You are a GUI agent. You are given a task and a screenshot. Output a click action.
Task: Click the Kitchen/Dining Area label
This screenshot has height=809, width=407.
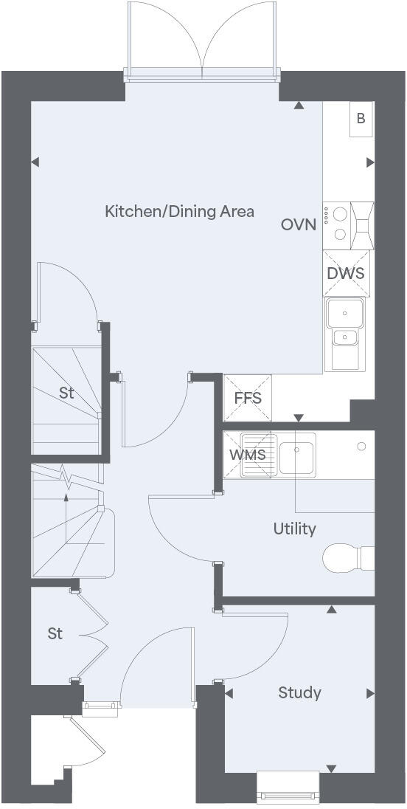[179, 212]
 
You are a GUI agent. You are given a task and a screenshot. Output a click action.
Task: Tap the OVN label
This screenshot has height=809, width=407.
[298, 224]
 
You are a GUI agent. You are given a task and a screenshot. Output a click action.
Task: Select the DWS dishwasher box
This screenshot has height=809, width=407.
[346, 272]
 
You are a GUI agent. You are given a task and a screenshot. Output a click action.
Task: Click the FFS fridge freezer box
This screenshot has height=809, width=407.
[248, 399]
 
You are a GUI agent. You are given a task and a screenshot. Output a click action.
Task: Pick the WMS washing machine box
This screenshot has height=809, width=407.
[247, 455]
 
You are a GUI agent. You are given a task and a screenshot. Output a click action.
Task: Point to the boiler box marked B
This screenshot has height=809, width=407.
[361, 119]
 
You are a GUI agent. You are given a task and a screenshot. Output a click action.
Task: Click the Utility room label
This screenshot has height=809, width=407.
[294, 529]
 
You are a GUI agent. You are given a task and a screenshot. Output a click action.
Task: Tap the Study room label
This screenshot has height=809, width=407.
[299, 692]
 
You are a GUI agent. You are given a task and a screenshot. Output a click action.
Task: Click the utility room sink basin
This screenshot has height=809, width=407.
[297, 453]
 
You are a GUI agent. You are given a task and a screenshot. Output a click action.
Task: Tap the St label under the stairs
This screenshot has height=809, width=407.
[66, 393]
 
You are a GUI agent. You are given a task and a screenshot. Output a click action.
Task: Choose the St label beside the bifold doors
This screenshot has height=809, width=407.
[55, 633]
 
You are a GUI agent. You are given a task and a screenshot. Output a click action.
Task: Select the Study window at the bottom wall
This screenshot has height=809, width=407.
[288, 786]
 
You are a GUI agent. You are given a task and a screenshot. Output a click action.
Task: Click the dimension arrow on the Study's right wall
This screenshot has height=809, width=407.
[370, 693]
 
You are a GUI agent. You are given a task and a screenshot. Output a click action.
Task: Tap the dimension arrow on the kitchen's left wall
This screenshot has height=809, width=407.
[35, 162]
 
